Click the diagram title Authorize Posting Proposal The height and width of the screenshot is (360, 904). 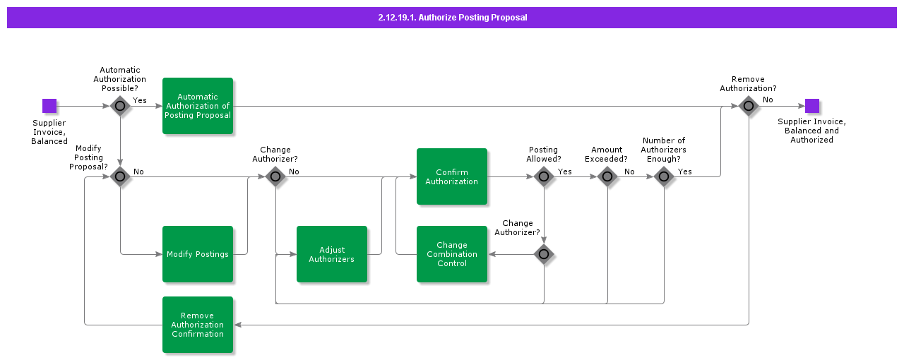click(452, 18)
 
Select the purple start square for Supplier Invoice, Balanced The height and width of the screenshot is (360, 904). click(49, 106)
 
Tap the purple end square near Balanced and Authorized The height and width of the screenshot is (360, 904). click(812, 106)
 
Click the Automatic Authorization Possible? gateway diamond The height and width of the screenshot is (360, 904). click(120, 106)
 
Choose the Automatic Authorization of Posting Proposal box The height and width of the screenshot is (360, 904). click(198, 106)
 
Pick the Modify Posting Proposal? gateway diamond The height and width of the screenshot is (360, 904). click(120, 176)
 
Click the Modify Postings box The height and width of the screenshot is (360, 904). click(198, 254)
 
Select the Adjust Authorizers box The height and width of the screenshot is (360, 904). click(332, 254)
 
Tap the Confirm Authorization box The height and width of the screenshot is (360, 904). click(452, 176)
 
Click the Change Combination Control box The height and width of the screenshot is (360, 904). click(452, 254)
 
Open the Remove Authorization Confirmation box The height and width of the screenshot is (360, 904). click(198, 325)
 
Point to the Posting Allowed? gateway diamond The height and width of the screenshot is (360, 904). click(544, 176)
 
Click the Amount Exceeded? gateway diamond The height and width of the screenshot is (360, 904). click(607, 176)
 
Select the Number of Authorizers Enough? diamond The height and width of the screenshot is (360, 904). click(664, 176)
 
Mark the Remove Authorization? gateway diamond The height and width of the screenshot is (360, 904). click(749, 106)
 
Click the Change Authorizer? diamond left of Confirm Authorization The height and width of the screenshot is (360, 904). click(275, 176)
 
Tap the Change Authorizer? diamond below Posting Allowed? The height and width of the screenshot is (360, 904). click(544, 254)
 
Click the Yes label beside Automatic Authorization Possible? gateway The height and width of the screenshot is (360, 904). click(140, 100)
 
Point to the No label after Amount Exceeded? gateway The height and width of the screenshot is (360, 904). click(629, 172)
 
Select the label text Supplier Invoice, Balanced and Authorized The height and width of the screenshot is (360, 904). click(811, 131)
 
